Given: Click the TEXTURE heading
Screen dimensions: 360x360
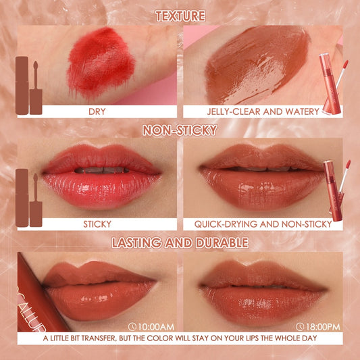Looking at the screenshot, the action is point(180,16).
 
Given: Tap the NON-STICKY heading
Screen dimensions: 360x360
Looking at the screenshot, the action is point(180,130).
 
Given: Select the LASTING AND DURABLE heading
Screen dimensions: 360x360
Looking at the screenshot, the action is point(180,243).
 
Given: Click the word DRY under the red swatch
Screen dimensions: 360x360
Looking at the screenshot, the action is point(97,111).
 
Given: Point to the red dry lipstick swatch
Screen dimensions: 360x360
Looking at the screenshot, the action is point(101,63).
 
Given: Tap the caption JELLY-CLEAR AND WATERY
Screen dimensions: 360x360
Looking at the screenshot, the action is point(263,111).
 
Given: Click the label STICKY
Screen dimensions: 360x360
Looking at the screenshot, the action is point(97,224).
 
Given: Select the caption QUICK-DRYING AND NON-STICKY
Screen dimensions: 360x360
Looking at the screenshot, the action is point(263,224).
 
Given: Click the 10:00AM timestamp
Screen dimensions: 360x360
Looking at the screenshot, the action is point(155,327).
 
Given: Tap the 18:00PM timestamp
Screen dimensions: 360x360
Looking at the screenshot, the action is point(322,327).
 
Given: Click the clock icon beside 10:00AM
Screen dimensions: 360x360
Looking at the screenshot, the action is point(132,327).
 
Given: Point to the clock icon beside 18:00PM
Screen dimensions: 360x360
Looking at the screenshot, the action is point(300,327).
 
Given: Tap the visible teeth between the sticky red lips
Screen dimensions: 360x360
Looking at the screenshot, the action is point(102,170).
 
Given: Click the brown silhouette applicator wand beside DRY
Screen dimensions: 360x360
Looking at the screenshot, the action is point(36,88).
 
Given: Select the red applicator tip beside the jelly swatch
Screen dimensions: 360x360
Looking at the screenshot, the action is point(346,63).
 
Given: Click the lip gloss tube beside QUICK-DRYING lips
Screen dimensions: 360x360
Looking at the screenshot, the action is point(332,190).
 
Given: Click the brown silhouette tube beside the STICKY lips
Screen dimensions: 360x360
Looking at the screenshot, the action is point(22,198).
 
